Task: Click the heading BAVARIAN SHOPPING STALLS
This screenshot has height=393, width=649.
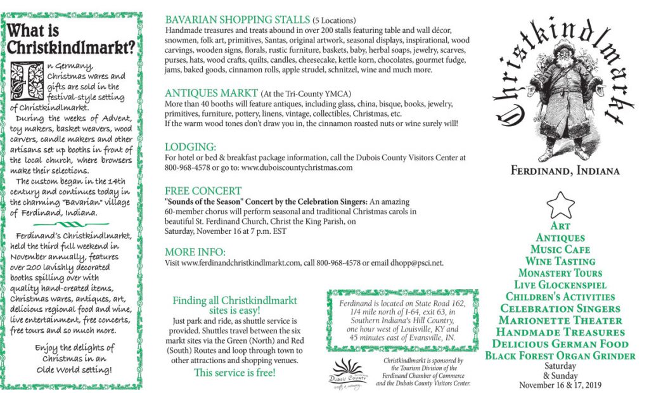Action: pos(237,20)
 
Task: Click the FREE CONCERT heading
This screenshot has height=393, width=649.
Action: pos(203,190)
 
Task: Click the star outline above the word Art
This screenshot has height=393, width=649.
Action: pos(561,206)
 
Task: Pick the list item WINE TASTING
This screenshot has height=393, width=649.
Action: pos(560,261)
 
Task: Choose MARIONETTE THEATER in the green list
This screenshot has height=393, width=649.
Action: pos(560,320)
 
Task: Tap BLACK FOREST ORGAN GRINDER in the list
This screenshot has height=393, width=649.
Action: pos(560,356)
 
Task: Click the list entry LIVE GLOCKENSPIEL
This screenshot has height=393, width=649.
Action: pos(560,285)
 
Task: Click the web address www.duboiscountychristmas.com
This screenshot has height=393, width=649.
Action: pos(297,168)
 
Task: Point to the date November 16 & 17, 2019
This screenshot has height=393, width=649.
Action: pos(560,385)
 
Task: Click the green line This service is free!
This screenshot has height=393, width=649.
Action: pos(235,373)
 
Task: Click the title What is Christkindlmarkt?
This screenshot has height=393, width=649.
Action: pos(70,39)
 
